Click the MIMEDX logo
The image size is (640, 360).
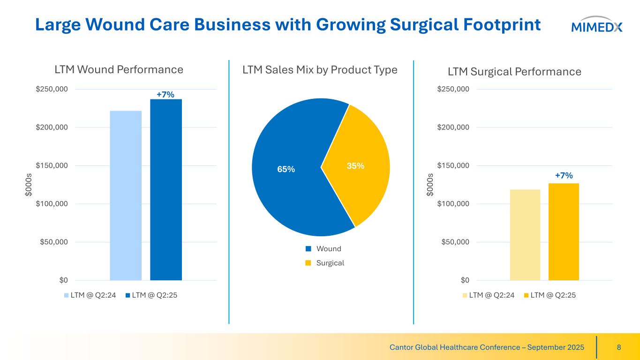click(x=597, y=26)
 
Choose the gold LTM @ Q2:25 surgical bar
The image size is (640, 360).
click(x=564, y=232)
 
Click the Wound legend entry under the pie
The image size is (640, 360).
click(x=328, y=248)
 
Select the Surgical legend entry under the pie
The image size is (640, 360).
click(x=330, y=263)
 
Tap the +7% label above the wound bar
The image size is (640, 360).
click(x=166, y=95)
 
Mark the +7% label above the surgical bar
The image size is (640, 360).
click(x=564, y=175)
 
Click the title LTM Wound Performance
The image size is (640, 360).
click(x=119, y=70)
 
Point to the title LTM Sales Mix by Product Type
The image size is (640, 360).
click(x=320, y=70)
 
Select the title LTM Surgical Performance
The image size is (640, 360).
click(x=514, y=72)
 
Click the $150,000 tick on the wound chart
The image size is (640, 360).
click(x=52, y=165)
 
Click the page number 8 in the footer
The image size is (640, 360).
click(x=619, y=347)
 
